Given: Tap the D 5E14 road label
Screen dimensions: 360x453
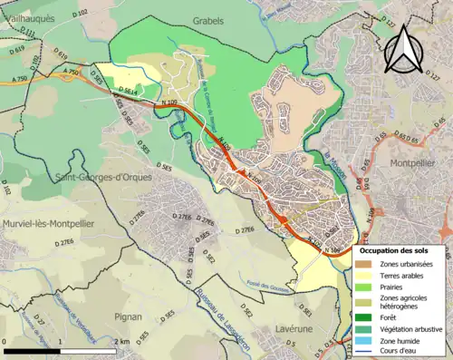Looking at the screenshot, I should tap(128, 92).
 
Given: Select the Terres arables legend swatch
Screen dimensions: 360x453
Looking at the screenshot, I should tap(365, 274).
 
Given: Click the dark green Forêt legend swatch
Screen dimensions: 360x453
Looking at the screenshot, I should tap(365, 316).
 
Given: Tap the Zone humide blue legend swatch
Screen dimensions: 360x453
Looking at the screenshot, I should tap(365, 341).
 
